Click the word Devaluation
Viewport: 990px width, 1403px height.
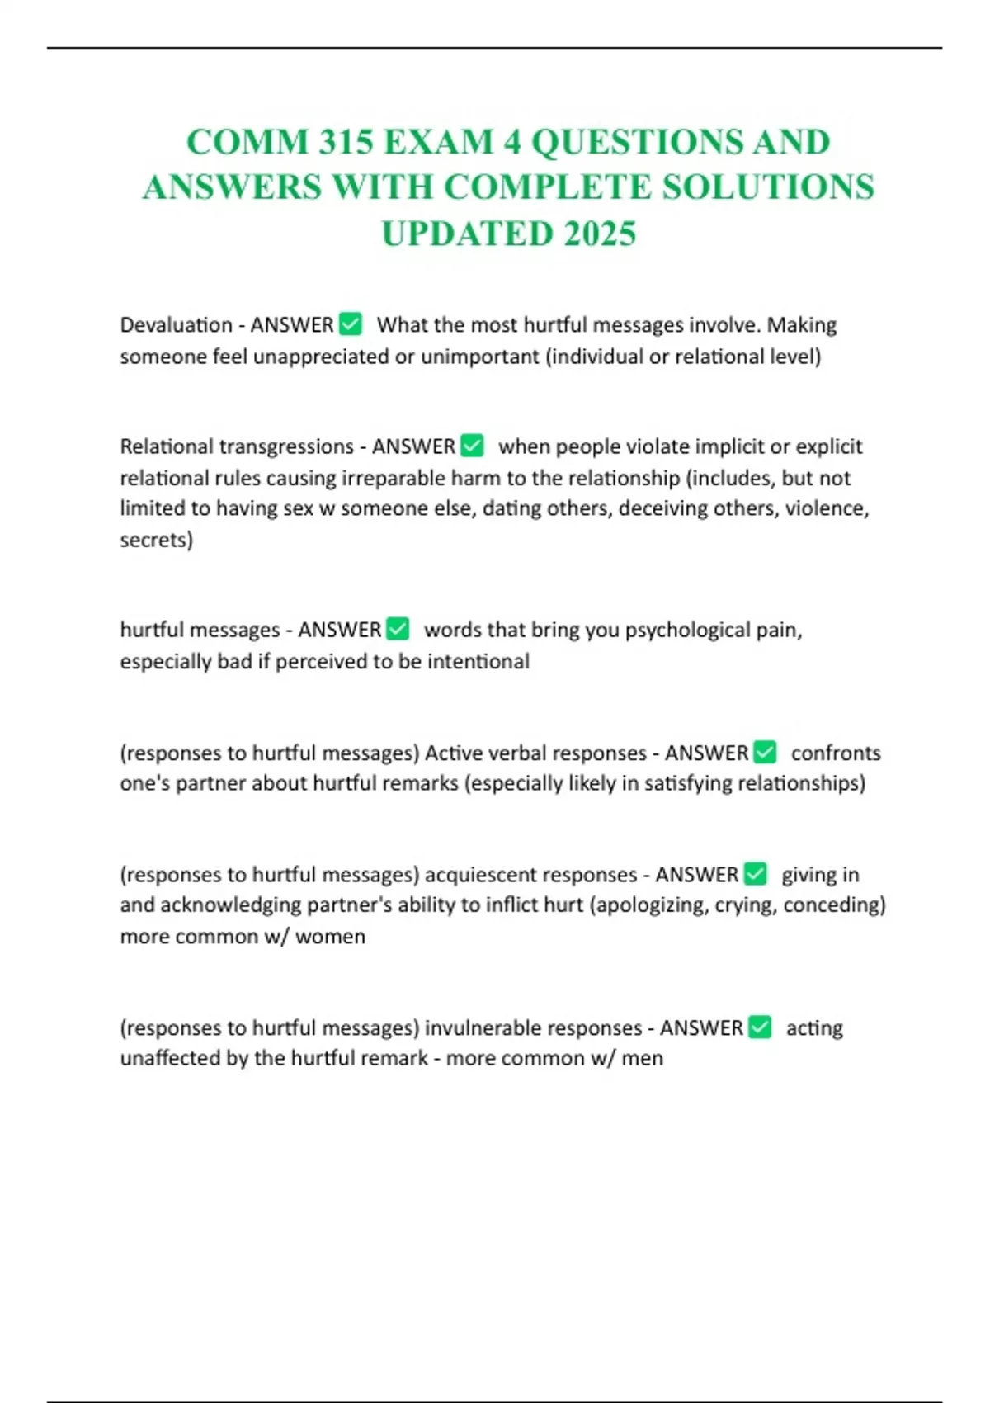click(x=176, y=325)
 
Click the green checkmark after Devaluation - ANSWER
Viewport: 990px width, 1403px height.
click(x=351, y=324)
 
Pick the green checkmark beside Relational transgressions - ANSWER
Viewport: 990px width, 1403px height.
click(x=472, y=446)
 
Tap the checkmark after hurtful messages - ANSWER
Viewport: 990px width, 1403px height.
click(x=398, y=629)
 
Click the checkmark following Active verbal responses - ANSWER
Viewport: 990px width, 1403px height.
click(x=765, y=752)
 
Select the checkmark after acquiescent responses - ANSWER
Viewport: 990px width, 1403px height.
click(x=755, y=873)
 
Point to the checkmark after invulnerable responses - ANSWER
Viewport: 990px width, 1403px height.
click(x=760, y=1027)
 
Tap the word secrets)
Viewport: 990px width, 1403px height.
click(x=156, y=540)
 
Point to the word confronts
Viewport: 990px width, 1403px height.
click(x=835, y=753)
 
